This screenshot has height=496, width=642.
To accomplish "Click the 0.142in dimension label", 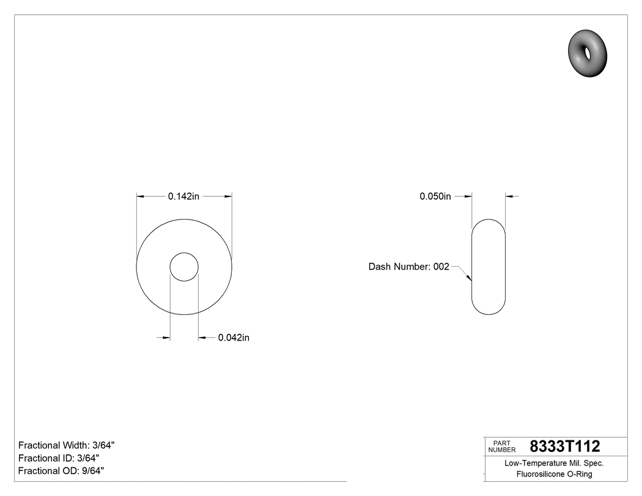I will [183, 196].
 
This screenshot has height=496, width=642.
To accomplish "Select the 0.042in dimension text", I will [234, 338].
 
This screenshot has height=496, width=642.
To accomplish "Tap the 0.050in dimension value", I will [435, 196].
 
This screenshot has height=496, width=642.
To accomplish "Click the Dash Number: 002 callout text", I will [408, 267].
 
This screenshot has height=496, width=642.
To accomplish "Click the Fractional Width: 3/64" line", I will [67, 445].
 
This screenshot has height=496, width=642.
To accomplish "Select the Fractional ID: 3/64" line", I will [59, 458].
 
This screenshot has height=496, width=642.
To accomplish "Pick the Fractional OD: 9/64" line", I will [61, 471].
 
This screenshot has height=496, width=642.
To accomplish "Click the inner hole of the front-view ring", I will [184, 267].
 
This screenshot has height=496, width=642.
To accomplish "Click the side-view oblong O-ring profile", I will [489, 267].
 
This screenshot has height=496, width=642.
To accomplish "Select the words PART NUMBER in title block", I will [501, 446].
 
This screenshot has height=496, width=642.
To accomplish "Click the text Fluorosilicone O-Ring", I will [554, 474].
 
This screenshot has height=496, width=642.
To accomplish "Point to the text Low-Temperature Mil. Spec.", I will [554, 463].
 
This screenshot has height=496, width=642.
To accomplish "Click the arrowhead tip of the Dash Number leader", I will [471, 281].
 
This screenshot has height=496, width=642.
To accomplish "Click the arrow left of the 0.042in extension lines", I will [166, 338].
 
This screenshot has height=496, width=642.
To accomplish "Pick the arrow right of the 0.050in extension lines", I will [510, 196].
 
